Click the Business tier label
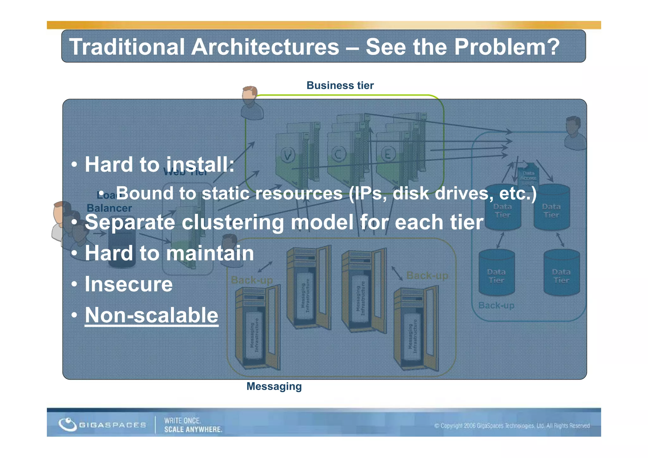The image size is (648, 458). [x=340, y=85]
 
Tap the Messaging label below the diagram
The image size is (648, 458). [x=274, y=386]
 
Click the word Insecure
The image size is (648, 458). [x=128, y=284]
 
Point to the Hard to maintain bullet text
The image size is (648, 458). [x=169, y=253]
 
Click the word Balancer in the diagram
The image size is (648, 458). [x=109, y=208]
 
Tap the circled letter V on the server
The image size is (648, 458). [x=288, y=155]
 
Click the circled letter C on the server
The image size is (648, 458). [x=338, y=155]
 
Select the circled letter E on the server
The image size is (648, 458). [x=388, y=155]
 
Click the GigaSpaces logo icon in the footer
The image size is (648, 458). [x=67, y=424]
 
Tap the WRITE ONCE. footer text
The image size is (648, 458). [x=182, y=421]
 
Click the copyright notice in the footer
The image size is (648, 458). [x=512, y=426]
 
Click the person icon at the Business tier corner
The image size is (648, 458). [x=252, y=103]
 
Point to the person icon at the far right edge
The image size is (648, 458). [x=574, y=133]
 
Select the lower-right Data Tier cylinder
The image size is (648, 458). [x=561, y=273]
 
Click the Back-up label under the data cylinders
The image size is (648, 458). [x=496, y=305]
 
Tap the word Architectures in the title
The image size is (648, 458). [x=265, y=47]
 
